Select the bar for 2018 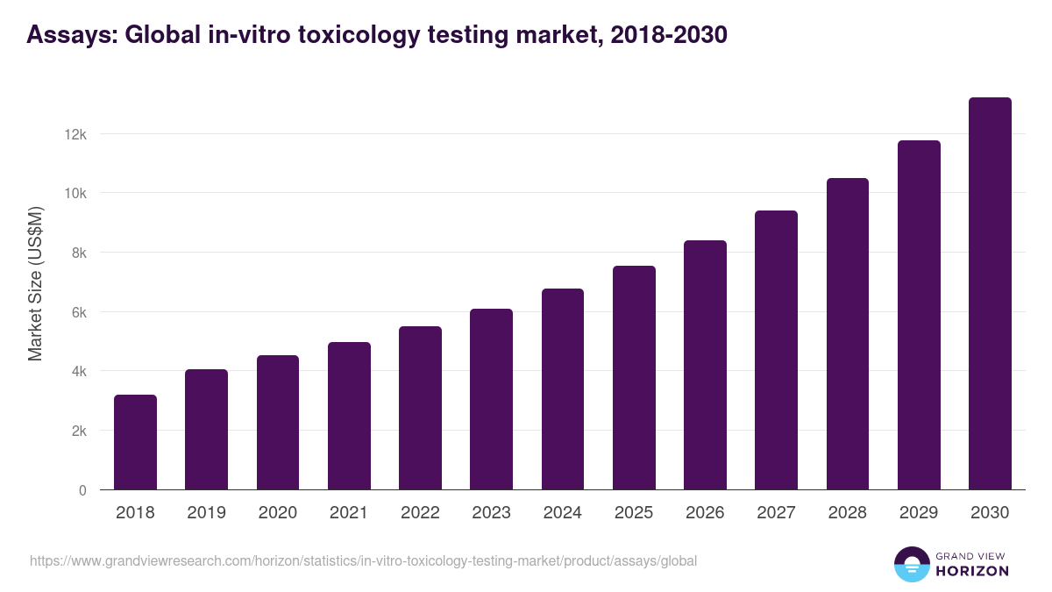click(135, 443)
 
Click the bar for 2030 click(990, 294)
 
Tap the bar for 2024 click(562, 389)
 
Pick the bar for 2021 click(349, 417)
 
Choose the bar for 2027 click(776, 351)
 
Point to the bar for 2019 click(206, 430)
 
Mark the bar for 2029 click(919, 316)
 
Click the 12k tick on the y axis click(75, 134)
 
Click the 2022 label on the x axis click(420, 513)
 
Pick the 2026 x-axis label click(705, 513)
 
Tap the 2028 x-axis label click(847, 513)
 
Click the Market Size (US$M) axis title click(35, 283)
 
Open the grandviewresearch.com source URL click(363, 560)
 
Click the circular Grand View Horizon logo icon click(911, 565)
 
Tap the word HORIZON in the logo click(973, 571)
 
